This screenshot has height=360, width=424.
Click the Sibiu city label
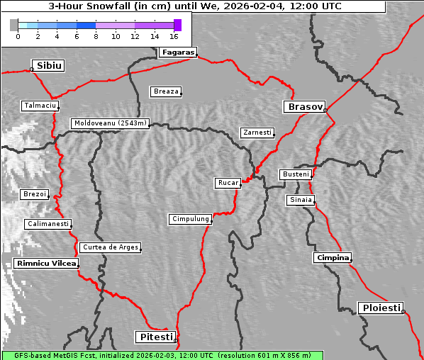pos(50,66)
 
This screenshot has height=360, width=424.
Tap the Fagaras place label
pos(177,52)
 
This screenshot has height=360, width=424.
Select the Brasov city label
pos(304,107)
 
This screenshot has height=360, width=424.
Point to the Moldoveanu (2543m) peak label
pos(111,123)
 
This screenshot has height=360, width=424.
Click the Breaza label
pos(167,91)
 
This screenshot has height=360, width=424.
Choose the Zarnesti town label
pos(257,133)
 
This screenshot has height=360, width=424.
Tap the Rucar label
pos(228,183)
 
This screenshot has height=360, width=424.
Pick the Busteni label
pos(295,174)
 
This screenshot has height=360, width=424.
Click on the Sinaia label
pos(300,200)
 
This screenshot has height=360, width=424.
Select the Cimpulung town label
pos(190,219)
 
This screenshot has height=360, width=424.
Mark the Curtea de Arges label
pos(110,247)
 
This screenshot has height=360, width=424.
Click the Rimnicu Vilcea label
pos(45,264)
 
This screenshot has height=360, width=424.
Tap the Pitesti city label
pos(154,337)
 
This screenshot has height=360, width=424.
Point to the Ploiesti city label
pos(381,308)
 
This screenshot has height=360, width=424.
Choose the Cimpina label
pos(333,257)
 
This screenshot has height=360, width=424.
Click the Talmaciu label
pos(40,106)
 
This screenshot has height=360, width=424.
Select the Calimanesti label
pos(48,224)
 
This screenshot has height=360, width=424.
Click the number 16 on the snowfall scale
pos(174,35)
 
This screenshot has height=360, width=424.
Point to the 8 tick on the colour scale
pos(96,35)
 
